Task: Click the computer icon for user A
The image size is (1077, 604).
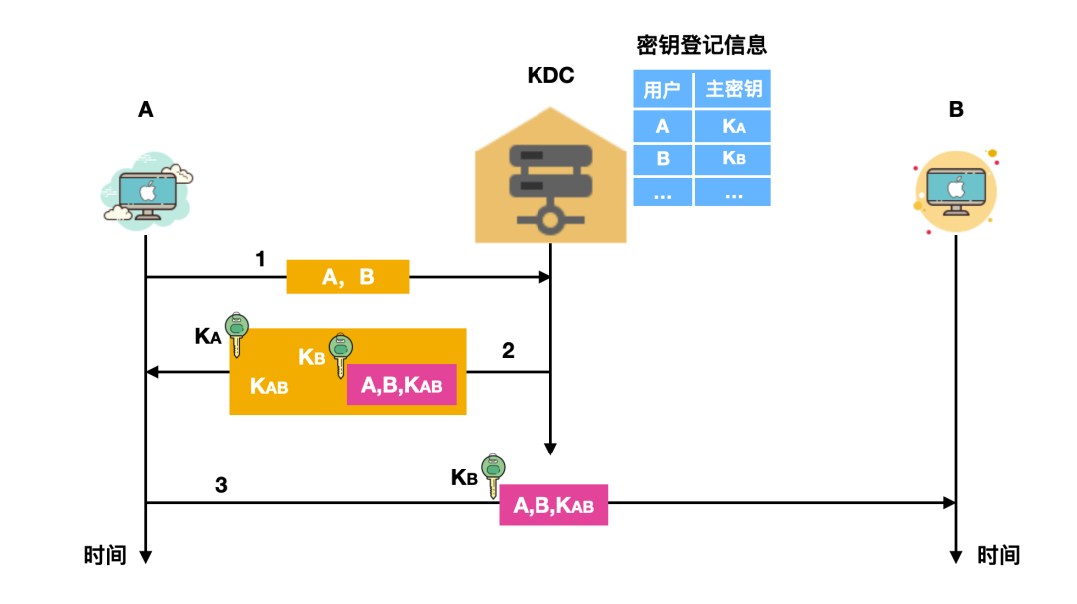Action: tap(147, 191)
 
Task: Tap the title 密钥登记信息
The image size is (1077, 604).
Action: tap(701, 45)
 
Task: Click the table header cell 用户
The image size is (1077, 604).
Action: tap(662, 89)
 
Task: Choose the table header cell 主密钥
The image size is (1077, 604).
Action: tap(734, 89)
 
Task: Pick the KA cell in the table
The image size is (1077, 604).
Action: tap(734, 126)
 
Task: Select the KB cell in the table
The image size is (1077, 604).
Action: tap(734, 158)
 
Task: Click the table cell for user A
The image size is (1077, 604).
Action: tap(662, 126)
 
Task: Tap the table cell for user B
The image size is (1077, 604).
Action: tap(662, 158)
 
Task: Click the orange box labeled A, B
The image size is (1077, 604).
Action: tap(348, 277)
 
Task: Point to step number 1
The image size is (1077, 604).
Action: tap(261, 260)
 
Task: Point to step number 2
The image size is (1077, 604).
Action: tap(508, 350)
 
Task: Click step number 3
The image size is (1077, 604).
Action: tap(221, 485)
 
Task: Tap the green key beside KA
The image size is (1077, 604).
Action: tap(237, 334)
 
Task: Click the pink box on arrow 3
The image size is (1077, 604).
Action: tap(553, 505)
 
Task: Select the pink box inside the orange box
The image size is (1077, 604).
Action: tap(401, 385)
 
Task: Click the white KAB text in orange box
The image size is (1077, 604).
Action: tap(269, 386)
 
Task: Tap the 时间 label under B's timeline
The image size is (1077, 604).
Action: tap(999, 555)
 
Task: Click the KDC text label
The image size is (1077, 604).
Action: tap(550, 76)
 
